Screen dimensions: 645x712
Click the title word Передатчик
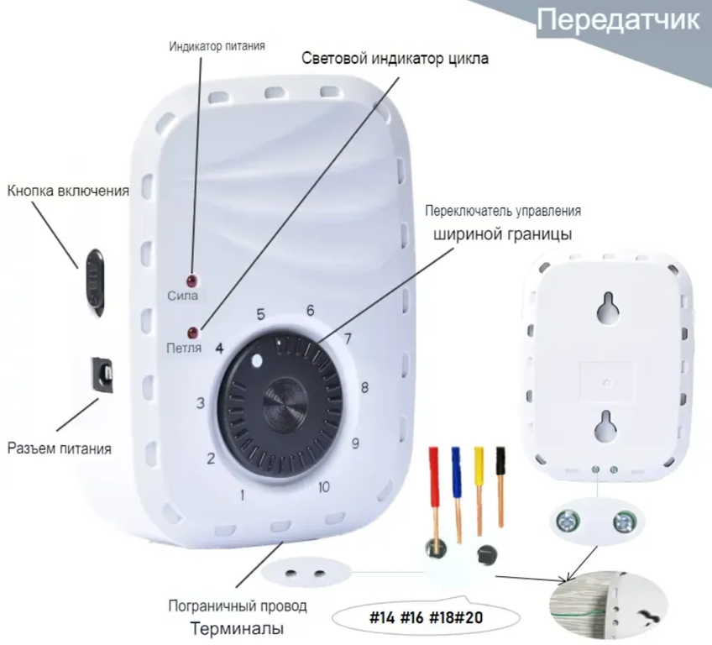tap(616, 21)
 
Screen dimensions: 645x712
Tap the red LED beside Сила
tap(193, 280)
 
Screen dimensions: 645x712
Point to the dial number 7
tap(347, 339)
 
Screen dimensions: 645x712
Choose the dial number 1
tap(243, 495)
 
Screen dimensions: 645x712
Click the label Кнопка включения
tap(68, 191)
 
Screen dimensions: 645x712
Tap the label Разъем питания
tap(60, 448)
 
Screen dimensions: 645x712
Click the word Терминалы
tap(236, 627)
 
